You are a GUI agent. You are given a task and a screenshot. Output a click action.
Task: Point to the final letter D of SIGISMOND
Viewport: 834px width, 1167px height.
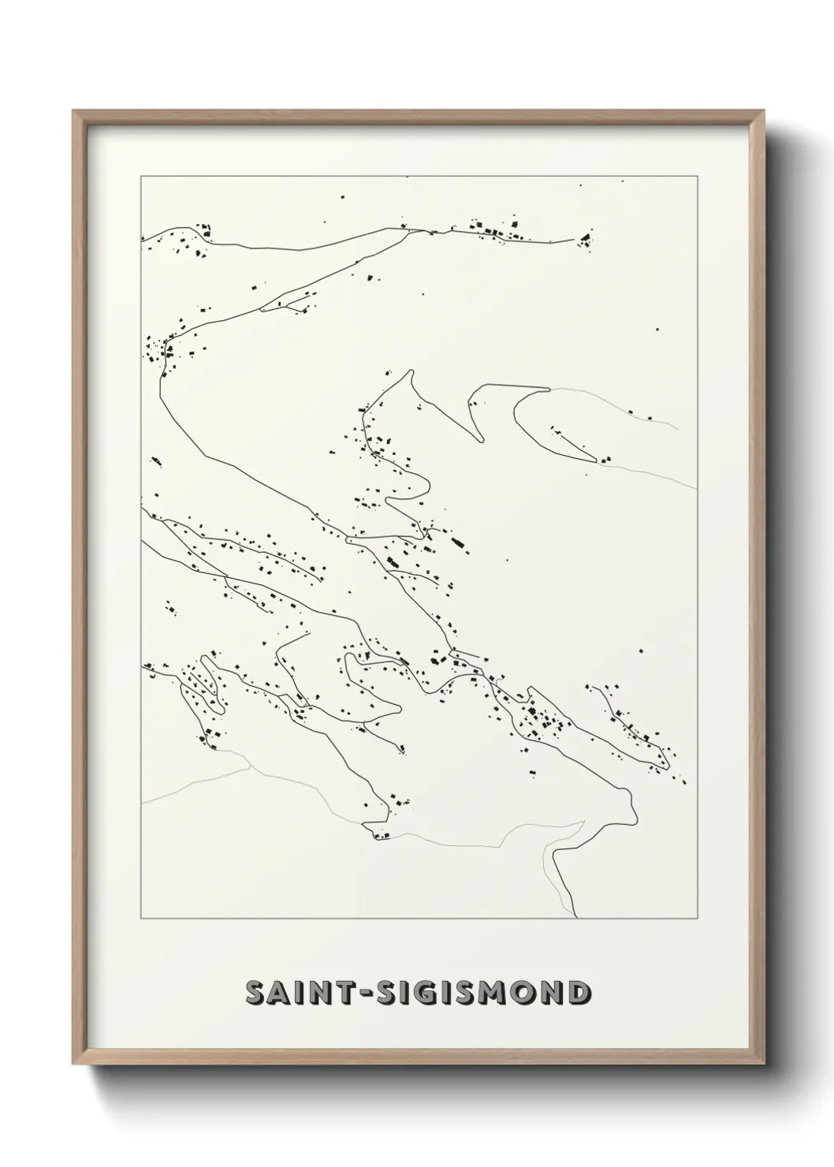[x=577, y=993]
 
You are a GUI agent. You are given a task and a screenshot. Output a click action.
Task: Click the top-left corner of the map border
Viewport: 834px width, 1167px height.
[x=141, y=176]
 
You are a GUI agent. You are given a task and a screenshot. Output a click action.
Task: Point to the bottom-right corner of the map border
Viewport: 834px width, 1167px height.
[x=696, y=919]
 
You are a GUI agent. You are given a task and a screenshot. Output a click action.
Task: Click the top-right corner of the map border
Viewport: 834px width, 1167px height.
[x=696, y=176]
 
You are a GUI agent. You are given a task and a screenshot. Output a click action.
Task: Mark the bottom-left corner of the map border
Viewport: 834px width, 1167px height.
[x=141, y=919]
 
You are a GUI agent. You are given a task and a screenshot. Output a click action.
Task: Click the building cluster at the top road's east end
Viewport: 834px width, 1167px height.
[x=585, y=240]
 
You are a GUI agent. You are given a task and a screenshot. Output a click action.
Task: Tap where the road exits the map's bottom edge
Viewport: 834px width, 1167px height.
[x=578, y=918]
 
